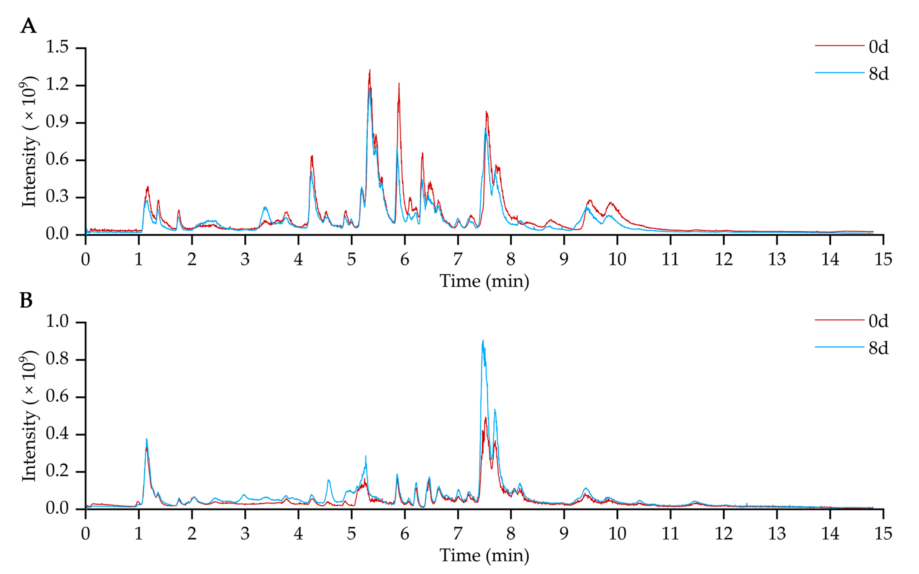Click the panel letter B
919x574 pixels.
pos(26,301)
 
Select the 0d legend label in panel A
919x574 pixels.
pos(878,47)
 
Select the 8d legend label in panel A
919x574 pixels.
pos(878,74)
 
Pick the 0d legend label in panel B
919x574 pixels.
pos(878,321)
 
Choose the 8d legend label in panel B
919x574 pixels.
pos(878,348)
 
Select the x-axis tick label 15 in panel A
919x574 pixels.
pos(883,260)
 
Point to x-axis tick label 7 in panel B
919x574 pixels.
pos(458,534)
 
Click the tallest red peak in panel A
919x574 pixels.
pos(369,71)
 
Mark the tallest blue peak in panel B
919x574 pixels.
pos(483,341)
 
